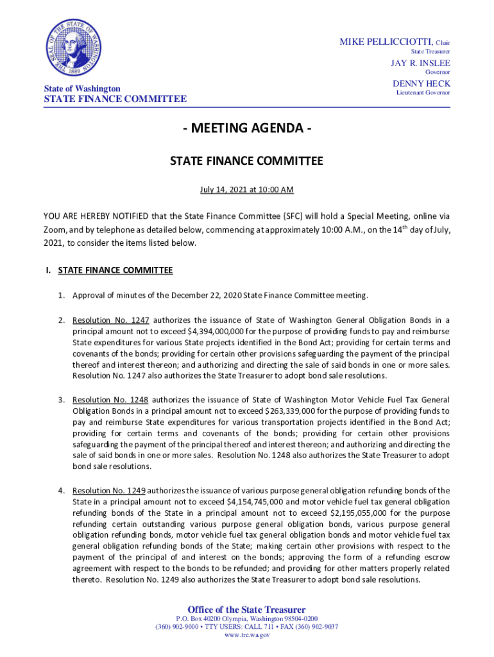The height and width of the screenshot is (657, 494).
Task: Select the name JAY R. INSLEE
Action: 421,63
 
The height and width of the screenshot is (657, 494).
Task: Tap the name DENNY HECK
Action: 422,83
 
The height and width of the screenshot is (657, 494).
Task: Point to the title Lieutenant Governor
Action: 423,93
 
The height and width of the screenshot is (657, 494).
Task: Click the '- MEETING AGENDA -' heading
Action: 246,128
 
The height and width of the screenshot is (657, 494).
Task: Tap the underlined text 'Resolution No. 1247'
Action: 111,320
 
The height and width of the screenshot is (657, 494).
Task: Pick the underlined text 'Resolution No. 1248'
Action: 111,400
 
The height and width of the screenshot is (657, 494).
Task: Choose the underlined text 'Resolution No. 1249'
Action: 110,491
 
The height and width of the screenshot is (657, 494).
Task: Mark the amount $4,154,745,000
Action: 258,502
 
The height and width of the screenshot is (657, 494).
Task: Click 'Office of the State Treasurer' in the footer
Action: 246,610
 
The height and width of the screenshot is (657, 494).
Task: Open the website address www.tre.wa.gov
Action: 246,635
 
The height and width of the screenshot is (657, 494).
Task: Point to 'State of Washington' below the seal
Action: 82,88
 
